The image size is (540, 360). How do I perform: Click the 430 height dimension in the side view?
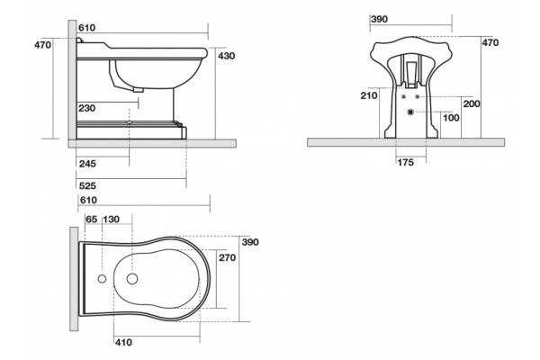coord(226,56)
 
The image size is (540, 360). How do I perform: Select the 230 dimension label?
coord(86,108)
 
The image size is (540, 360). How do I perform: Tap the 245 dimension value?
coord(87,163)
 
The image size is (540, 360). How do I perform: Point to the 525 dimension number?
coord(87,186)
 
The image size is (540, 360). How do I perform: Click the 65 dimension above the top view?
coord(92,220)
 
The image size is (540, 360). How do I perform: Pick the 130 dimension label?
coord(112,220)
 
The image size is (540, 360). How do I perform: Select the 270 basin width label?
coord(228,257)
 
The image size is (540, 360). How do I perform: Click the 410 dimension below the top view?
coord(123,342)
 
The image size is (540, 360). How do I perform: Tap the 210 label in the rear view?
coord(369,95)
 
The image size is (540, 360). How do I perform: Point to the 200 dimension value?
coord(472,103)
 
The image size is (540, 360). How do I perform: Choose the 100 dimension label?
coord(451,118)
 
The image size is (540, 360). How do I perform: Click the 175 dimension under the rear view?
coord(406,162)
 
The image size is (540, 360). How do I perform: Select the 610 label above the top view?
coord(88,200)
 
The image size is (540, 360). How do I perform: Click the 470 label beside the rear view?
coord(490,42)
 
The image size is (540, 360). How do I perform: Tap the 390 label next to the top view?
coord(250,242)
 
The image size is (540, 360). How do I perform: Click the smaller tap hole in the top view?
coord(102,279)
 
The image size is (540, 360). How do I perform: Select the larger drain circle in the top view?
coord(132,279)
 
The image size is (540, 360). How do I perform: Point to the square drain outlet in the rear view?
coord(410,112)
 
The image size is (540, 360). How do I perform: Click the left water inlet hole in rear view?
coord(403,97)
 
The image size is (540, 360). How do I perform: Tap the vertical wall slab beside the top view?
coord(74,279)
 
